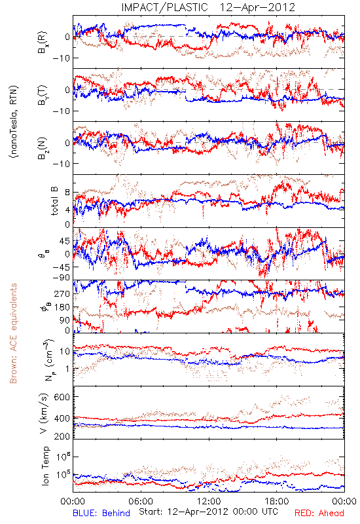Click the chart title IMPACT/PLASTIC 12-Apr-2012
click(x=208, y=7)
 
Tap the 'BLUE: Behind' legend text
click(x=101, y=513)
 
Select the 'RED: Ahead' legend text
click(x=319, y=513)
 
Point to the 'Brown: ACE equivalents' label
click(x=13, y=333)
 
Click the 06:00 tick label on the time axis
click(x=141, y=501)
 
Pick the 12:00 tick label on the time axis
click(x=209, y=501)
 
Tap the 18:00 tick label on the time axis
click(x=277, y=501)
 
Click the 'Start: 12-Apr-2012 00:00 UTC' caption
click(x=208, y=512)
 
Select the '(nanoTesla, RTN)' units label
click(x=14, y=122)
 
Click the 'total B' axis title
click(x=54, y=201)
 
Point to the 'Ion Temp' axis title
click(x=45, y=466)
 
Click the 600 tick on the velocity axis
click(x=62, y=397)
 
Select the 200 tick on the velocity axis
click(x=62, y=436)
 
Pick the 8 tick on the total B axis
click(x=67, y=193)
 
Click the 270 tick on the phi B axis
click(x=62, y=293)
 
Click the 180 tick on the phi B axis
click(x=62, y=307)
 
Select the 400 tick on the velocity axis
click(x=62, y=419)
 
